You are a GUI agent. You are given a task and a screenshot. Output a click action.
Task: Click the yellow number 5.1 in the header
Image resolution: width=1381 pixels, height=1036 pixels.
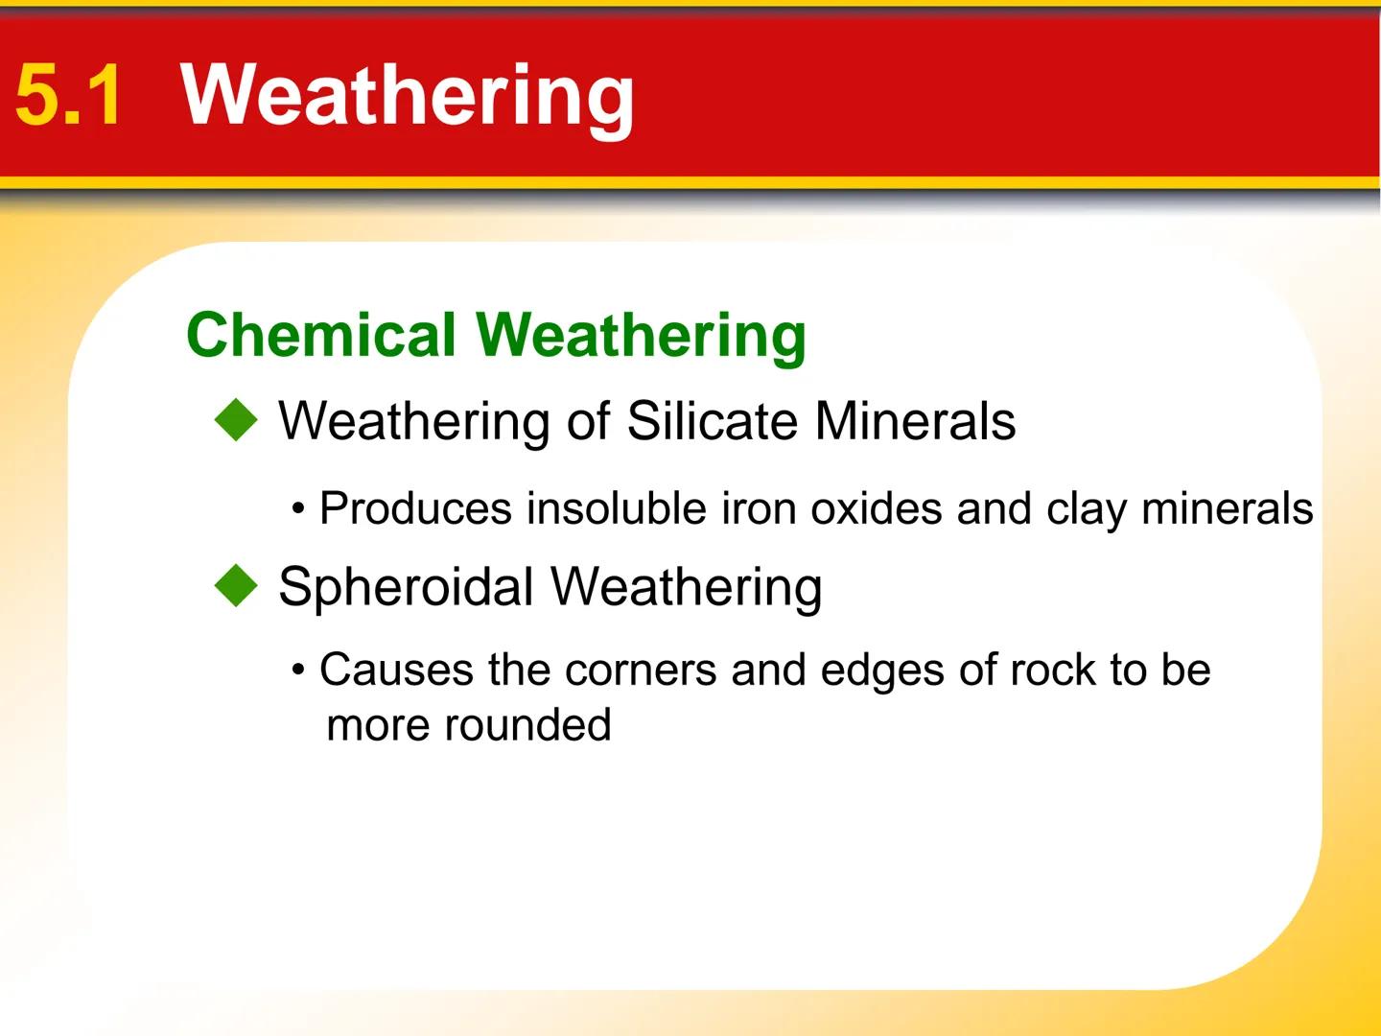click(x=69, y=95)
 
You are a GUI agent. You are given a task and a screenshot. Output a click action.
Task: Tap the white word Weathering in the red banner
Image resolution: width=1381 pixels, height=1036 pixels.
click(x=408, y=95)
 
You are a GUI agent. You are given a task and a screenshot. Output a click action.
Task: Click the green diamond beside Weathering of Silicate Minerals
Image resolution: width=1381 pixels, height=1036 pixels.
click(x=236, y=421)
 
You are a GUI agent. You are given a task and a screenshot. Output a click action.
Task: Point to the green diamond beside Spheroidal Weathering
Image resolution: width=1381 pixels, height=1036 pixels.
click(x=236, y=586)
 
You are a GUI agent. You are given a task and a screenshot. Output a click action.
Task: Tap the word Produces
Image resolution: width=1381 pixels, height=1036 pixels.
click(x=415, y=508)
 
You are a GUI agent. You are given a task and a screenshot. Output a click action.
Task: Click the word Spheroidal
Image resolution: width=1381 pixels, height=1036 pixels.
click(x=406, y=587)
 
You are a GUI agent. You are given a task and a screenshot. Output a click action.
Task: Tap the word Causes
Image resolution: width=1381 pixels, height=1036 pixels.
click(x=396, y=670)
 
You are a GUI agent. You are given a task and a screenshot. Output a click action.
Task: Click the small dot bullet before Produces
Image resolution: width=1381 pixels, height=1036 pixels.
click(x=299, y=509)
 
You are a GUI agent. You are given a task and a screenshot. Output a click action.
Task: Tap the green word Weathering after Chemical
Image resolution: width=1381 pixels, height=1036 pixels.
click(x=641, y=336)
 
